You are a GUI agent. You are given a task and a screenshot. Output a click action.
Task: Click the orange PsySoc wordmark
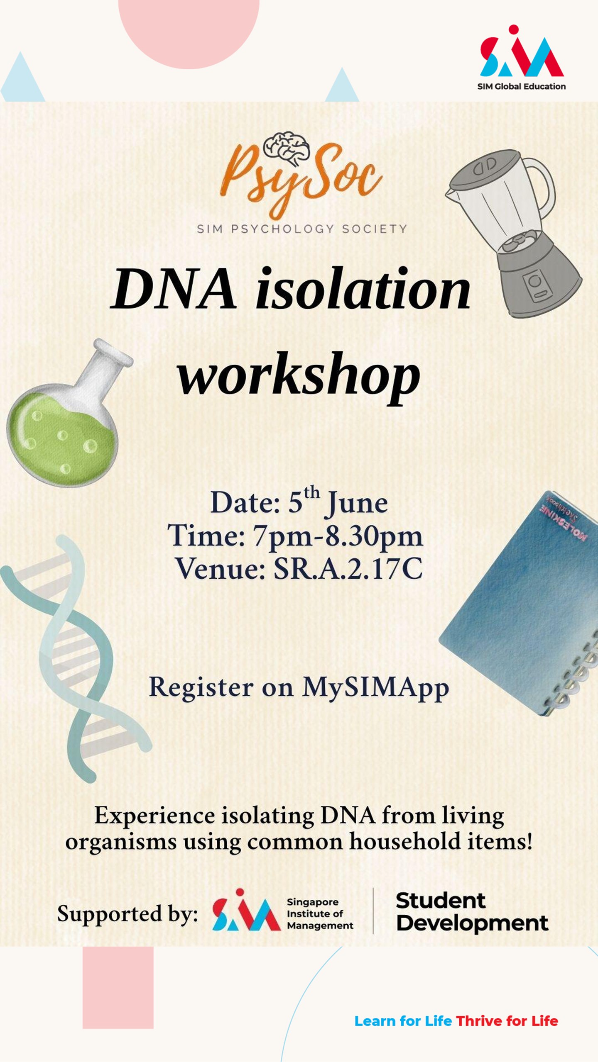[301, 179]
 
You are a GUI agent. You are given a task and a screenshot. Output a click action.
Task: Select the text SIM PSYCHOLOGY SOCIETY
[301, 229]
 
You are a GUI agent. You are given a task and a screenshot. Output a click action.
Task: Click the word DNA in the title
[174, 289]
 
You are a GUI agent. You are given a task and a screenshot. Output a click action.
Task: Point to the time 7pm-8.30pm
[338, 536]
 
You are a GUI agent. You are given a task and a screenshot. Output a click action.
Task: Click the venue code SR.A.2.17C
[348, 568]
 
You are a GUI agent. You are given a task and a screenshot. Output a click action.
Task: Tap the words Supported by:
[127, 914]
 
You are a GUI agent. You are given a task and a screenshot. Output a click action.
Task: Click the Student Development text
[472, 912]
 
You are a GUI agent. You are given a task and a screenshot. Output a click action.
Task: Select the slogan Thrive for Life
[507, 1021]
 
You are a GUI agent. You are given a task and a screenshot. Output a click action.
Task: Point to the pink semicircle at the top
[189, 29]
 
